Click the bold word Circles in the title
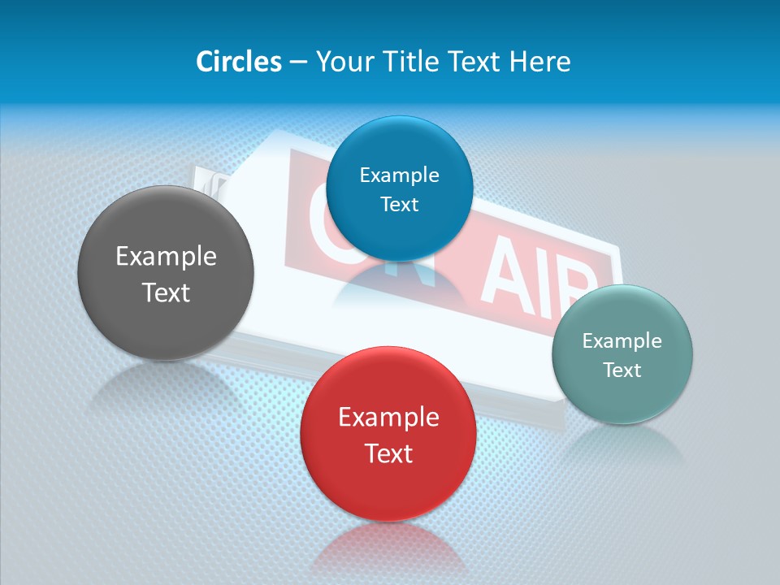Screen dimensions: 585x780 pos(238,62)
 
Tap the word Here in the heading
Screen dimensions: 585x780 pos(539,62)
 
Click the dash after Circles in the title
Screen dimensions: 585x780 pos(298,63)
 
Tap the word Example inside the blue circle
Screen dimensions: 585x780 pos(399,175)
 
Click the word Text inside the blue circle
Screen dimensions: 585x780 pos(399,205)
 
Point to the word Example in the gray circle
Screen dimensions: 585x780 pos(166,257)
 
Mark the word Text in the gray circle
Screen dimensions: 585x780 pos(166,292)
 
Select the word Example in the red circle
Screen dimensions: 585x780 pos(388,418)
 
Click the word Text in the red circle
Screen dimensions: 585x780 pos(388,453)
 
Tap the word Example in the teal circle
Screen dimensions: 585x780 pos(622,341)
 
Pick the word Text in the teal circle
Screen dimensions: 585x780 pos(622,370)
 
